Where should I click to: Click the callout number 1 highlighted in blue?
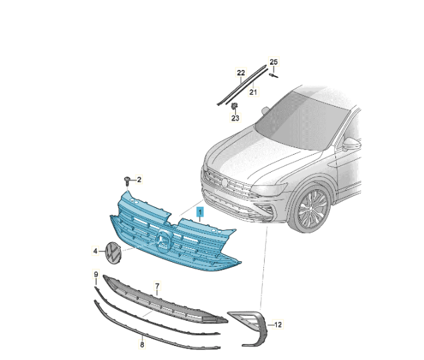[200, 212]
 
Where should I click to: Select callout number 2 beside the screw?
[139, 179]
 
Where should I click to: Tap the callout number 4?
[95, 251]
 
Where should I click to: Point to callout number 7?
[157, 285]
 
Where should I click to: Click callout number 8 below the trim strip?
[142, 345]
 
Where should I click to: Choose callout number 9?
[96, 274]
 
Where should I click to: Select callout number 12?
[278, 324]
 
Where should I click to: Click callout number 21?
[253, 92]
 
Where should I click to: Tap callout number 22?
[241, 73]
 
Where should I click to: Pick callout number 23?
[235, 118]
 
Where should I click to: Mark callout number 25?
[273, 62]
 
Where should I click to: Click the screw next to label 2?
[127, 181]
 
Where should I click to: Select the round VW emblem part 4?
[113, 253]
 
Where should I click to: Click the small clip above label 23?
[235, 106]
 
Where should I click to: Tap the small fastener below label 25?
[273, 75]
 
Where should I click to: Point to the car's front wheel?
[311, 210]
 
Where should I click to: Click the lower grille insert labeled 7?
[165, 300]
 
